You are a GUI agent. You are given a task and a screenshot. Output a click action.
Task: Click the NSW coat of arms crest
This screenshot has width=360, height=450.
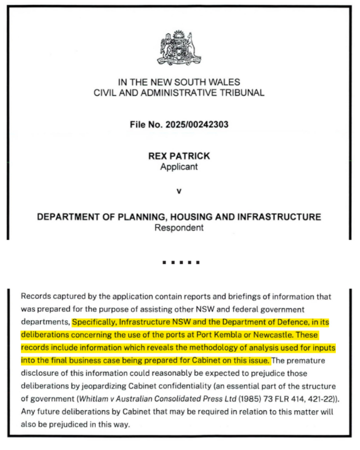click(x=179, y=48)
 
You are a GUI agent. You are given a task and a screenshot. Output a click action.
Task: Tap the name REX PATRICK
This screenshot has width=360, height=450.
click(x=179, y=156)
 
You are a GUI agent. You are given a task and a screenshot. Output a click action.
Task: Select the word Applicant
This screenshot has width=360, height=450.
click(x=179, y=167)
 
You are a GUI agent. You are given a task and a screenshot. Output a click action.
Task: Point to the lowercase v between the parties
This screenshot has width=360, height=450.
click(x=179, y=191)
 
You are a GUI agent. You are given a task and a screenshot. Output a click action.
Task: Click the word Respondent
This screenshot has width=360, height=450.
click(x=179, y=227)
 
